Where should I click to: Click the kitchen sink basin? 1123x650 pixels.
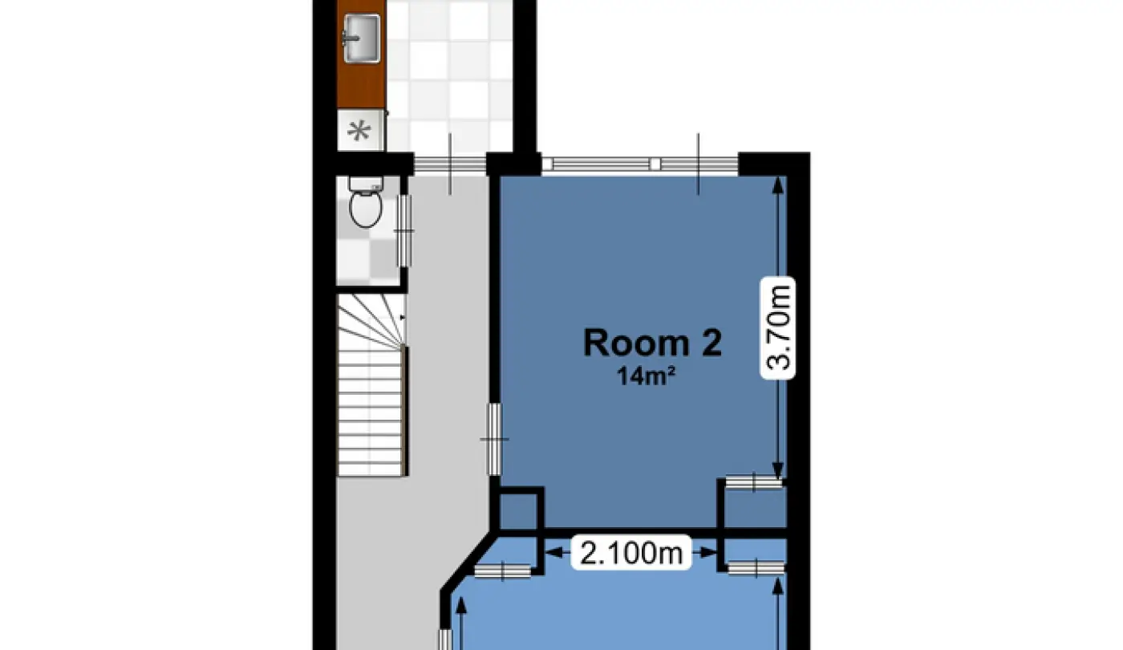362,39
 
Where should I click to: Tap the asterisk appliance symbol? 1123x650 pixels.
359,132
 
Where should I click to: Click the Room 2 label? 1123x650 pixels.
653,343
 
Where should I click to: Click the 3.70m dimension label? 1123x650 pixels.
778,327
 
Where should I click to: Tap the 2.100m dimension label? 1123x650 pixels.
632,553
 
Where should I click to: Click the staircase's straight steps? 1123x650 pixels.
371,411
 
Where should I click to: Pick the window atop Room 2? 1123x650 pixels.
640,164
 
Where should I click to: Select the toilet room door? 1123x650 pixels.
404,231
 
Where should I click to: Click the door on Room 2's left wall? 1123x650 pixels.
495,440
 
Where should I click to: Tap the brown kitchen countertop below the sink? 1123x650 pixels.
361,85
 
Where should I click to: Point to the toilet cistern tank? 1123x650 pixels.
366,184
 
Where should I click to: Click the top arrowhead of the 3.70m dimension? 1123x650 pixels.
778,185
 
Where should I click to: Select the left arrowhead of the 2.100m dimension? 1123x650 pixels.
553,553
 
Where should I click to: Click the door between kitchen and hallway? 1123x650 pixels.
450,164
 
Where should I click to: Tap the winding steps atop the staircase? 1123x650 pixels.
371,320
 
